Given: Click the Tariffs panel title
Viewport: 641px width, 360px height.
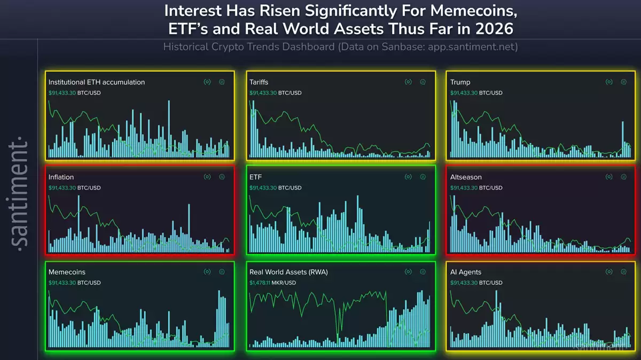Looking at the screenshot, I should [259, 82].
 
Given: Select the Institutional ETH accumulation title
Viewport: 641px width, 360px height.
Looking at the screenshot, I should [96, 82].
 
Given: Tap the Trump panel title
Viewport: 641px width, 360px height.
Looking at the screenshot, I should [460, 82].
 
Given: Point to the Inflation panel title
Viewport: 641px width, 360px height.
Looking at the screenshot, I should [61, 177].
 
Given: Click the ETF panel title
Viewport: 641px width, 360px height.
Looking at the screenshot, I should [255, 177].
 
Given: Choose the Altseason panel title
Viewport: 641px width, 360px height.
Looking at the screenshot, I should [466, 177].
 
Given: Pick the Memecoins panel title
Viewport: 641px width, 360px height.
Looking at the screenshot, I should [67, 272].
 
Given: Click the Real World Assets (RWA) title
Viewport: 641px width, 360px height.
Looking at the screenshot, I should [288, 272].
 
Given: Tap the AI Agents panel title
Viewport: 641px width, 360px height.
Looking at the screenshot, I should [466, 272].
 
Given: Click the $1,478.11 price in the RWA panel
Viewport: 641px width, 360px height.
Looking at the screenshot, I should [262, 283].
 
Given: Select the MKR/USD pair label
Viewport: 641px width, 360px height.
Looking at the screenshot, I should [286, 283].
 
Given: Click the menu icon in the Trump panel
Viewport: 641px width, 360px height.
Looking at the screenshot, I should [623, 82].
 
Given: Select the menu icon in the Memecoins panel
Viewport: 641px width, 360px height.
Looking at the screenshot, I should [222, 272].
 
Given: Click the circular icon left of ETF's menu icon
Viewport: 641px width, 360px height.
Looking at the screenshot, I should [408, 177].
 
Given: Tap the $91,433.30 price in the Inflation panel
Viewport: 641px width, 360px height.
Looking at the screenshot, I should [61, 188].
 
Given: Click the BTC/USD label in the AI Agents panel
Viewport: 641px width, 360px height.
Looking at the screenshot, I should [490, 283].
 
